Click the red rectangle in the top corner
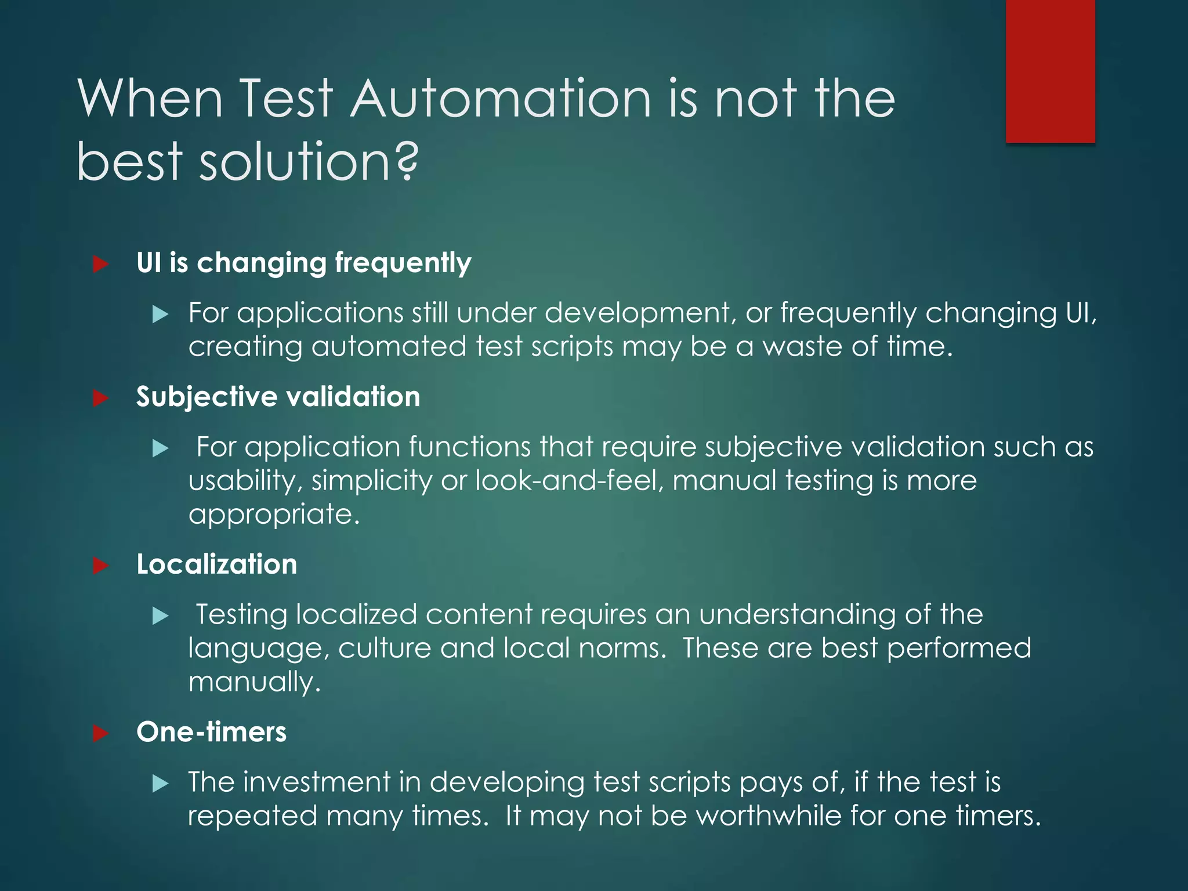(x=1050, y=71)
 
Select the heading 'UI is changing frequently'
(x=303, y=263)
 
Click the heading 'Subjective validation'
(x=278, y=397)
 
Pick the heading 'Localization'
(x=216, y=564)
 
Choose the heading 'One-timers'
(x=211, y=732)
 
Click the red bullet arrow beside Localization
(x=101, y=566)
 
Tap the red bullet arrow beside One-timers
(x=101, y=733)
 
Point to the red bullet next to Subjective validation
(x=101, y=398)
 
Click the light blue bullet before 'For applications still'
(x=160, y=315)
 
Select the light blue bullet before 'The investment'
(x=160, y=784)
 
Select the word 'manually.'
(x=254, y=682)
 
